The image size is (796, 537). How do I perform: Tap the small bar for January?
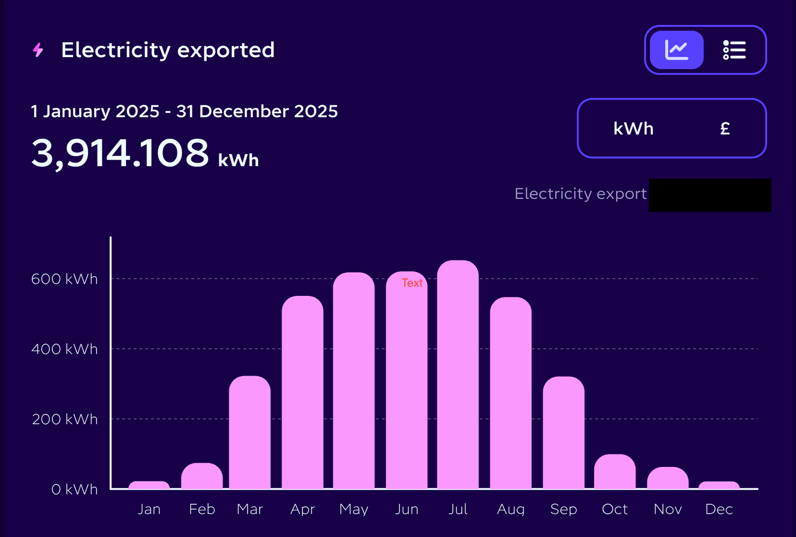pos(149,485)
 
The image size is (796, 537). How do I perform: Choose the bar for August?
pos(510,393)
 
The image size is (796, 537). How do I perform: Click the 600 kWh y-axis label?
pos(64,279)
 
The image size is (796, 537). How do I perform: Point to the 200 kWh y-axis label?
pos(65,419)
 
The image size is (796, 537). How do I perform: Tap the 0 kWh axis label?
pos(74,489)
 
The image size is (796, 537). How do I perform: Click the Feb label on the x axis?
pos(201,509)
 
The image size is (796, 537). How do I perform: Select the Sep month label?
pos(563,509)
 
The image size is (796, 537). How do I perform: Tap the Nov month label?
pos(667,509)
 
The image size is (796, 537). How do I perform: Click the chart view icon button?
pos(677,50)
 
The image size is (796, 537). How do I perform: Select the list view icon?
pos(734,50)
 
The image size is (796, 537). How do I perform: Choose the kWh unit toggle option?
pos(633,129)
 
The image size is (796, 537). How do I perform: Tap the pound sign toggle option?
pos(725,129)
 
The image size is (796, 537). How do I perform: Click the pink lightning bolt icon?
pos(38,50)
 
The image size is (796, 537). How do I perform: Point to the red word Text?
pos(412,283)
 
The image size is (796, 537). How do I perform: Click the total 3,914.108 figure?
pos(120,153)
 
